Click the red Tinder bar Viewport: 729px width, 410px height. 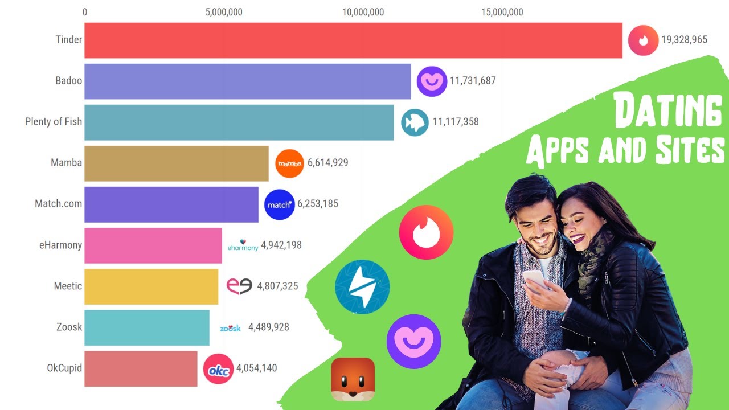click(x=353, y=40)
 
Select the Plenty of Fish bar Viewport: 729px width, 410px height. click(x=239, y=122)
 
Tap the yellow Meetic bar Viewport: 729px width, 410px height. click(x=151, y=286)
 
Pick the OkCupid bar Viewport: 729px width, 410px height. click(x=141, y=368)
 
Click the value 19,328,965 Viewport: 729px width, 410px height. click(x=684, y=40)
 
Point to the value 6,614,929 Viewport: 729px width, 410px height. click(x=327, y=163)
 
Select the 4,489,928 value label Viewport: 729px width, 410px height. click(x=268, y=327)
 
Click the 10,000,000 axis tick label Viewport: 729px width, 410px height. click(x=363, y=12)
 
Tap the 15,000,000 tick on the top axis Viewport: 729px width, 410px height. click(x=502, y=12)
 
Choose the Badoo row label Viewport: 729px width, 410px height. click(x=68, y=81)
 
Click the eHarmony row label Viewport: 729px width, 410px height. click(x=60, y=245)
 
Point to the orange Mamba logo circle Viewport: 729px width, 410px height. click(x=289, y=163)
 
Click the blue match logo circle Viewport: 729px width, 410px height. click(x=280, y=204)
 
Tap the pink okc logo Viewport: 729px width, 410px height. click(x=218, y=369)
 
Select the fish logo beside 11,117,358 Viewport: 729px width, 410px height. click(x=415, y=122)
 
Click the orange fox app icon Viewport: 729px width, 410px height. click(x=353, y=379)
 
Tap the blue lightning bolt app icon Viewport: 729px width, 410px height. click(x=362, y=287)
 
